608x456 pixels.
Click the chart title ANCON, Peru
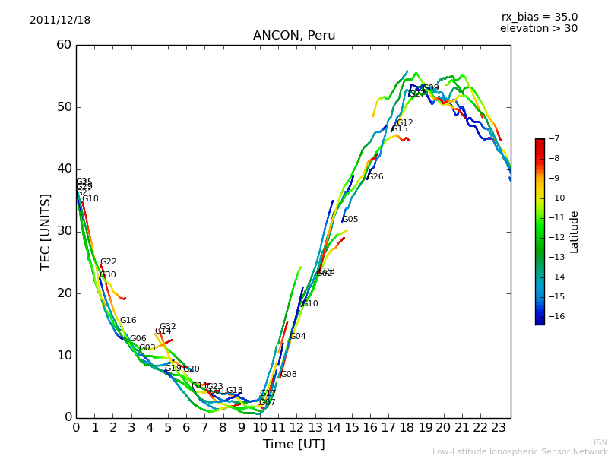coord(294,36)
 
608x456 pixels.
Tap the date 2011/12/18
coord(60,21)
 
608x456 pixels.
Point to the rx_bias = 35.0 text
coord(539,17)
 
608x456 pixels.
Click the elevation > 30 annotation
coord(538,29)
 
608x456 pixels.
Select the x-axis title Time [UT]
coord(293,445)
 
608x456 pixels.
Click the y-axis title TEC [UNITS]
coord(46,231)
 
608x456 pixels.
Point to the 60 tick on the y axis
coord(64,45)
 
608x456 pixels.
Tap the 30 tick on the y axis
coord(64,231)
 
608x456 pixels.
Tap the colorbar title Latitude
coord(575,232)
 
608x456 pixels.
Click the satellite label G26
coord(375,177)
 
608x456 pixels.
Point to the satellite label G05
coord(350,220)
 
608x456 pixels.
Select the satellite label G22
coord(109,262)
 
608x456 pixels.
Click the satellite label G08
coord(289,375)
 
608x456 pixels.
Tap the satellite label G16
coord(128,321)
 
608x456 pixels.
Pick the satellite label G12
coord(405,123)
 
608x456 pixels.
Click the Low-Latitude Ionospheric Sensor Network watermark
coord(520,451)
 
